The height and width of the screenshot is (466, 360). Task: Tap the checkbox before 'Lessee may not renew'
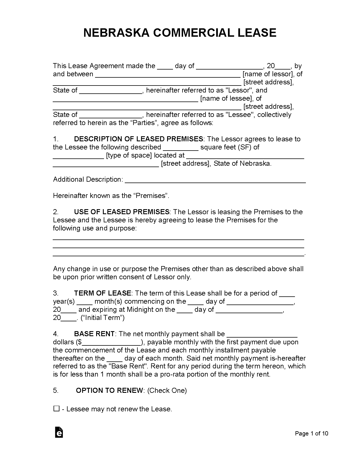point(56,409)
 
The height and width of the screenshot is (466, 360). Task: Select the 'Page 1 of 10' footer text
point(311,433)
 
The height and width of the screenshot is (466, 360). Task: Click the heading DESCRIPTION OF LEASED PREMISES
point(139,139)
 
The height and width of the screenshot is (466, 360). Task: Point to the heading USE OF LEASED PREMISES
point(122,212)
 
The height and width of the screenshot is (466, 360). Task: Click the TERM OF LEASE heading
point(102,293)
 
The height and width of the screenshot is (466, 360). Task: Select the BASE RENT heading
point(94,334)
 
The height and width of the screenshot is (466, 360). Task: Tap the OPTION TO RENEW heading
point(110,391)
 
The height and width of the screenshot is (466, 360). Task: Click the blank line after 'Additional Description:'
point(215,180)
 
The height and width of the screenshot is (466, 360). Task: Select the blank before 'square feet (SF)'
point(181,148)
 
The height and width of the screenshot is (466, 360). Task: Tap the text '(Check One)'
point(167,391)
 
